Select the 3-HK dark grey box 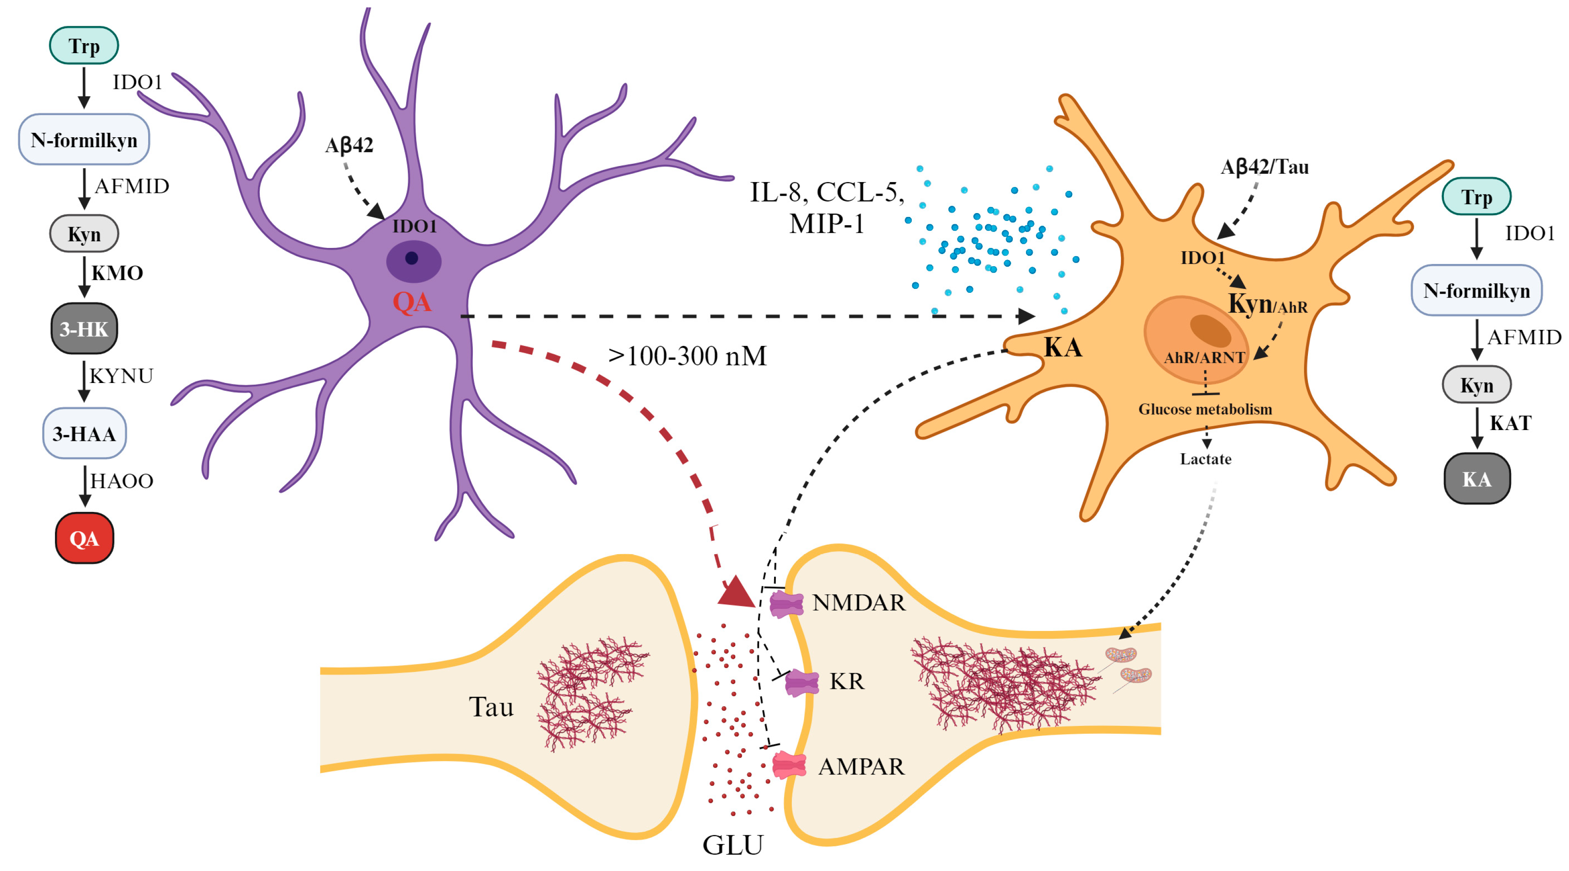84,329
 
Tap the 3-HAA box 84,434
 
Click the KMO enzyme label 117,273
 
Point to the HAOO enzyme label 121,481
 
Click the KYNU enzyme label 121,376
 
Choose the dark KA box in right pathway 1477,479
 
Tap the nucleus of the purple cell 414,261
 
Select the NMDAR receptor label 859,603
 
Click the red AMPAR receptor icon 789,765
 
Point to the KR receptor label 847,681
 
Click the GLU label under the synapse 732,845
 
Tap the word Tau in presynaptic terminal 491,707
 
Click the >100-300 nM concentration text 687,356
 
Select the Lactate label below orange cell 1206,459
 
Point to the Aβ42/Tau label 1264,166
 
